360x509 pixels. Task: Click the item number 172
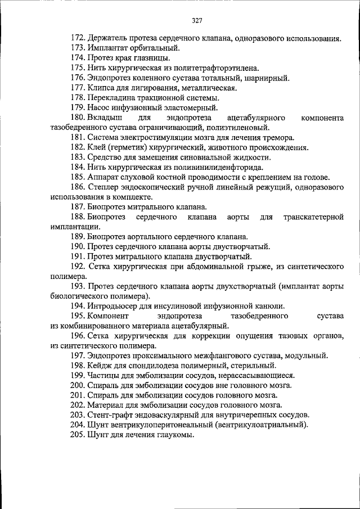pyautogui.click(x=78, y=39)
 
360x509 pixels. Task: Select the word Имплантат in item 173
pyautogui.click(x=105, y=48)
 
